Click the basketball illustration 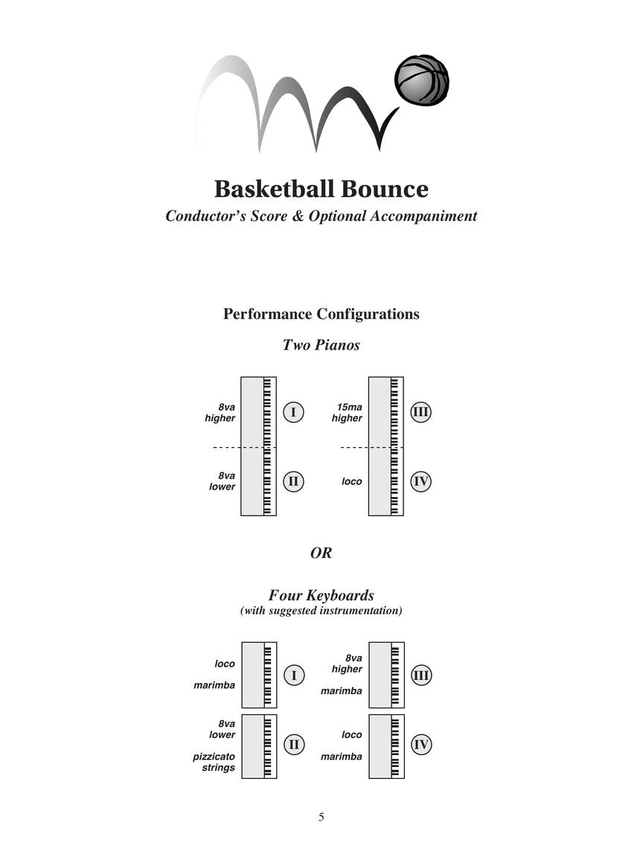pyautogui.click(x=421, y=80)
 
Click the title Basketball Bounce pyautogui.click(x=321, y=189)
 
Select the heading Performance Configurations pyautogui.click(x=321, y=314)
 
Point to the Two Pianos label pyautogui.click(x=321, y=345)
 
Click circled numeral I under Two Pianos pyautogui.click(x=293, y=412)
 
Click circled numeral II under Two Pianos pyautogui.click(x=293, y=481)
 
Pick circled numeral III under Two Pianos pyautogui.click(x=420, y=412)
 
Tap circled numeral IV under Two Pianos pyautogui.click(x=420, y=481)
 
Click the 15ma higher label pyautogui.click(x=348, y=413)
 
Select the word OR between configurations pyautogui.click(x=321, y=553)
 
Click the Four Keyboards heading pyautogui.click(x=321, y=595)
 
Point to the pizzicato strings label pyautogui.click(x=215, y=762)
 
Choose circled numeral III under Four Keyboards pyautogui.click(x=421, y=675)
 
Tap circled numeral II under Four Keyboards pyautogui.click(x=294, y=744)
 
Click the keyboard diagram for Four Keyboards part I pyautogui.click(x=259, y=675)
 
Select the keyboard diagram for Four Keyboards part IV pyautogui.click(x=386, y=746)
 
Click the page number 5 pyautogui.click(x=321, y=817)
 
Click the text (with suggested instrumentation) pyautogui.click(x=321, y=611)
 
